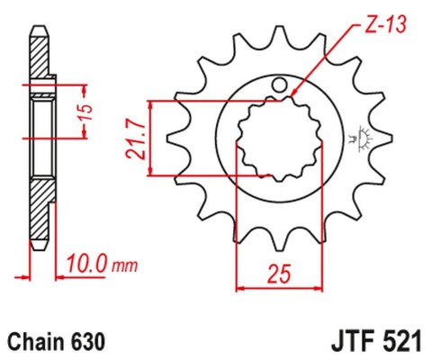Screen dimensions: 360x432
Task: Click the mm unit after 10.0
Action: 125,266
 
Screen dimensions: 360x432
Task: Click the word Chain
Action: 34,343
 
